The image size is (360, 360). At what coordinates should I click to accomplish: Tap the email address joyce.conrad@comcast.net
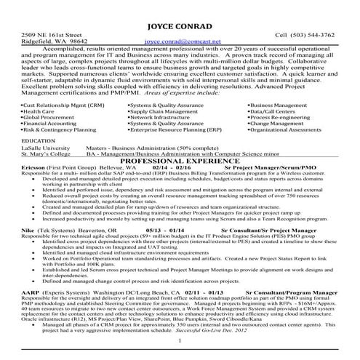tap(179, 42)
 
